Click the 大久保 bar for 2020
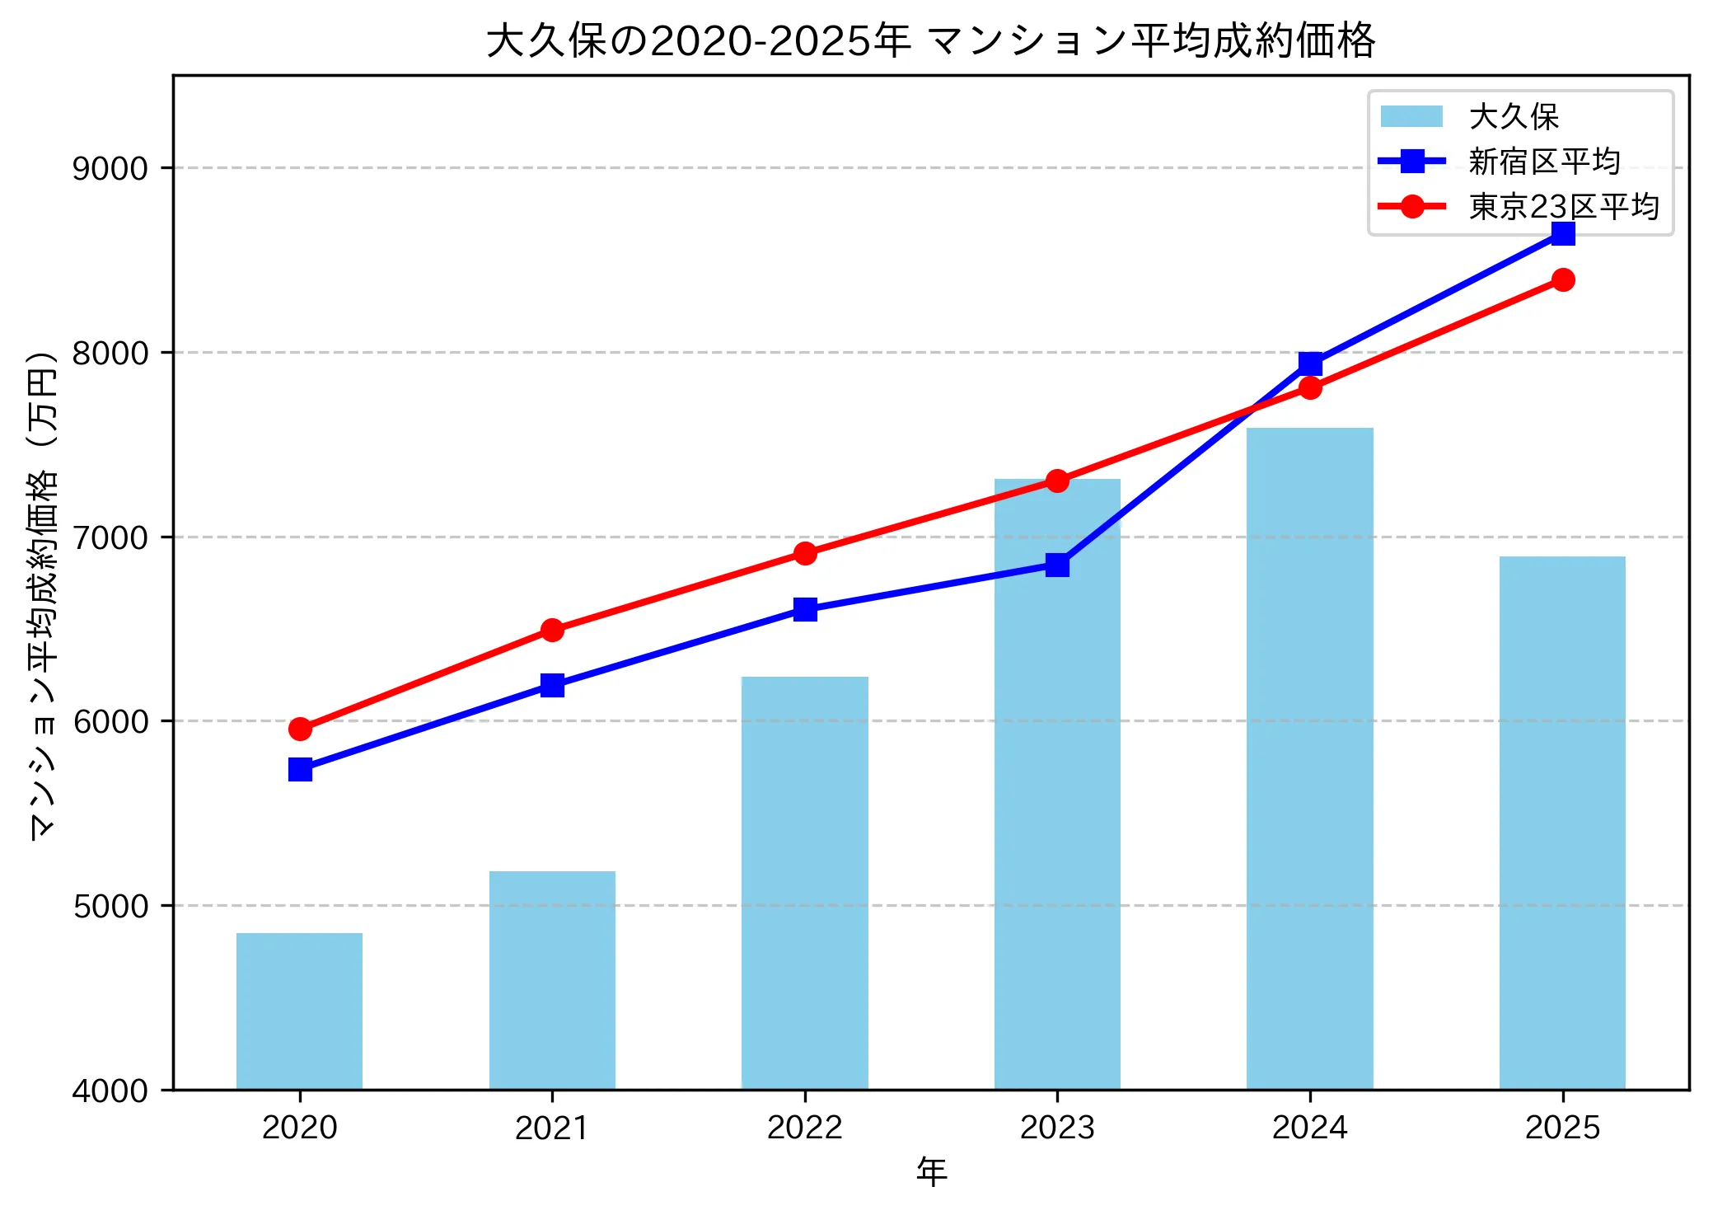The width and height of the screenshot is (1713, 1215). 299,1011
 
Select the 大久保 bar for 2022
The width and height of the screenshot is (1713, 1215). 804,883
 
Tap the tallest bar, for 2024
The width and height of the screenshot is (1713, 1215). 1309,758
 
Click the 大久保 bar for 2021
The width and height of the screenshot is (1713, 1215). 552,980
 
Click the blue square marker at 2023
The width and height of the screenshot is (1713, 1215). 1057,565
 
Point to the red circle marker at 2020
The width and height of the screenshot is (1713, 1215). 300,729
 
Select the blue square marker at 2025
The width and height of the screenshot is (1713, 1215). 1563,234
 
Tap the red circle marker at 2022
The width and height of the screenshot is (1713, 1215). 805,553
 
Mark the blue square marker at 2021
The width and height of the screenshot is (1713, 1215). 552,685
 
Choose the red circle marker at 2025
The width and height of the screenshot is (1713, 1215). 1563,280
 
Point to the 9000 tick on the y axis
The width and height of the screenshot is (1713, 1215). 110,168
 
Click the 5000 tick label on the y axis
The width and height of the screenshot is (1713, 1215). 110,906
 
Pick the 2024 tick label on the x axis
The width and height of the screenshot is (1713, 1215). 1309,1128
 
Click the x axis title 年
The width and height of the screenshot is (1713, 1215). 931,1171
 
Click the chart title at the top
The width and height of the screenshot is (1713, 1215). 930,40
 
